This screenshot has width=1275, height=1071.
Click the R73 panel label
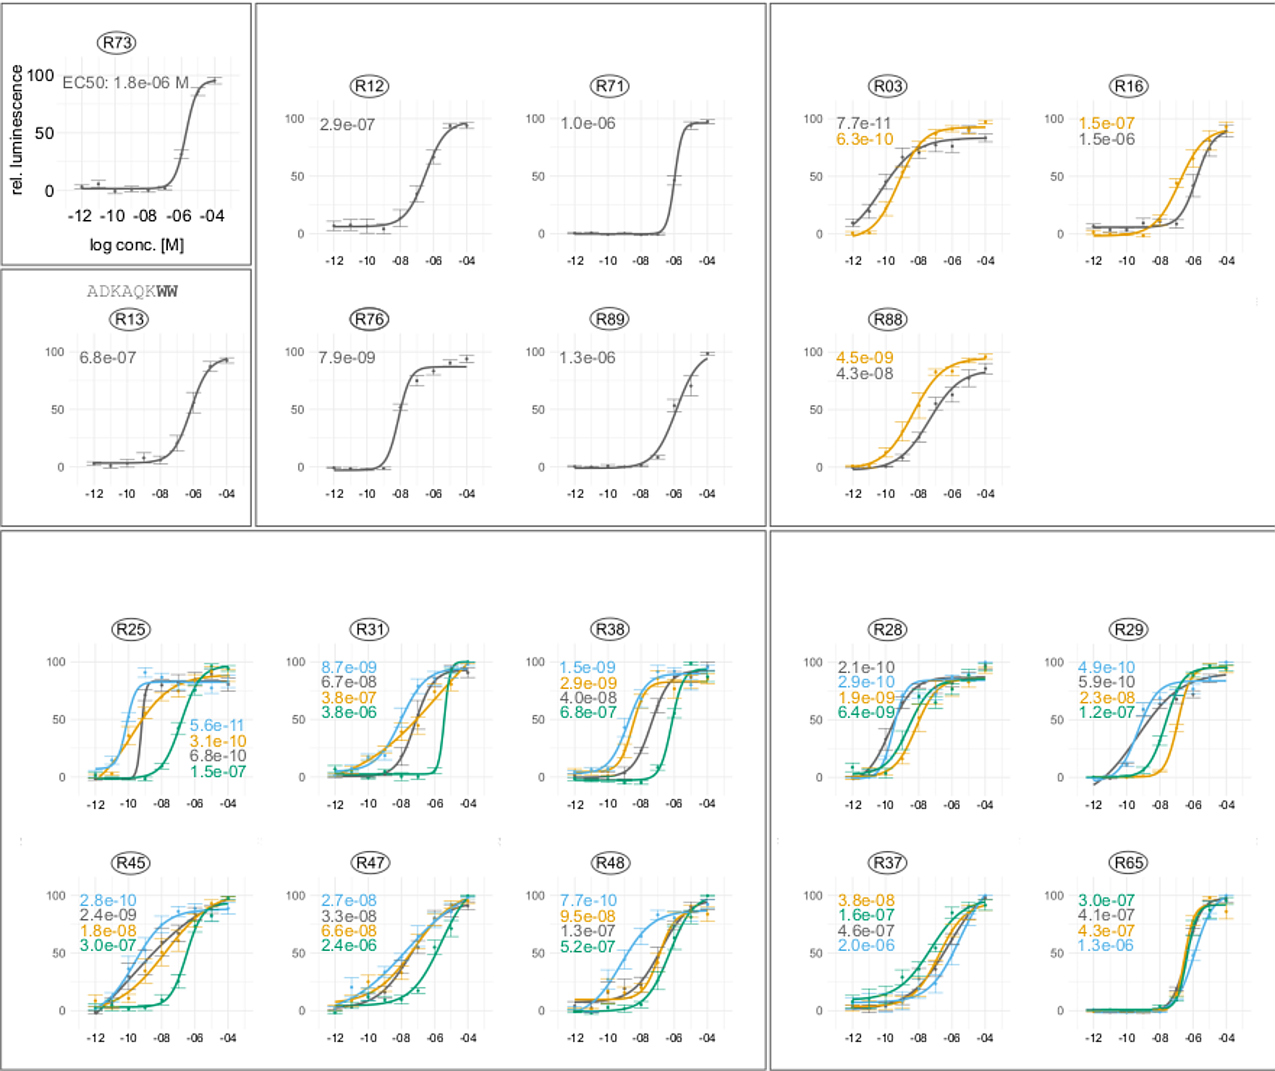(x=117, y=43)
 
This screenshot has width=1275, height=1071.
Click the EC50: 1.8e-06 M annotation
(x=125, y=82)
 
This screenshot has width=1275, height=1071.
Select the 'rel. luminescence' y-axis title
(x=17, y=130)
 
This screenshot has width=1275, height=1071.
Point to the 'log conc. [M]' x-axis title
(x=137, y=245)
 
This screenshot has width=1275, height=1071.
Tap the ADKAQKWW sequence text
(x=132, y=292)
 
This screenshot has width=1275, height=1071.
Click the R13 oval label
(x=130, y=319)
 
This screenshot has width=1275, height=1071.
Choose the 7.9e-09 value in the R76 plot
(x=347, y=357)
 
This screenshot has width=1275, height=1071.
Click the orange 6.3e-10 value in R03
(x=865, y=139)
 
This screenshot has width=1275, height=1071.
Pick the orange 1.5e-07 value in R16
(x=1106, y=123)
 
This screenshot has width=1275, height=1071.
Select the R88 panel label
(x=888, y=319)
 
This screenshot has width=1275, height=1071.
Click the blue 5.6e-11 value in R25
(x=217, y=725)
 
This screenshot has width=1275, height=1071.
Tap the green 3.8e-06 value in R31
(x=349, y=713)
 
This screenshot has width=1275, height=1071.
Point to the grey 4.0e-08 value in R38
(x=588, y=698)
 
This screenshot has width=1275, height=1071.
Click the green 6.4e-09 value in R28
(x=866, y=713)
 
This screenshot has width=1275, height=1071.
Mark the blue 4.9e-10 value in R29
(x=1106, y=667)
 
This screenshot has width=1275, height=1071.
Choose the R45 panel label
(x=131, y=863)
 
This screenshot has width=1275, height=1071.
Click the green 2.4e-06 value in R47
(x=349, y=946)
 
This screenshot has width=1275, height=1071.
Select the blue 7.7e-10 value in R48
(x=588, y=900)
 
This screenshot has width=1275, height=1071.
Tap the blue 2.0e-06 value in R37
(x=866, y=946)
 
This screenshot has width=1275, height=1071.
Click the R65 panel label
(x=1129, y=863)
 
